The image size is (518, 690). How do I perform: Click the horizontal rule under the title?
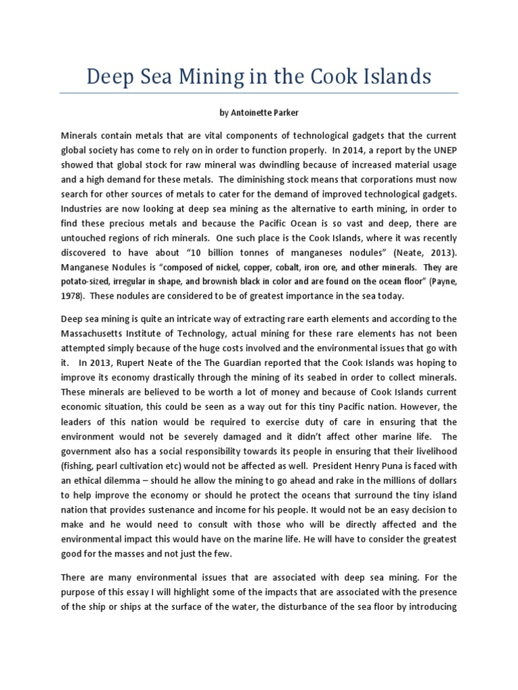[x=258, y=93]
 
